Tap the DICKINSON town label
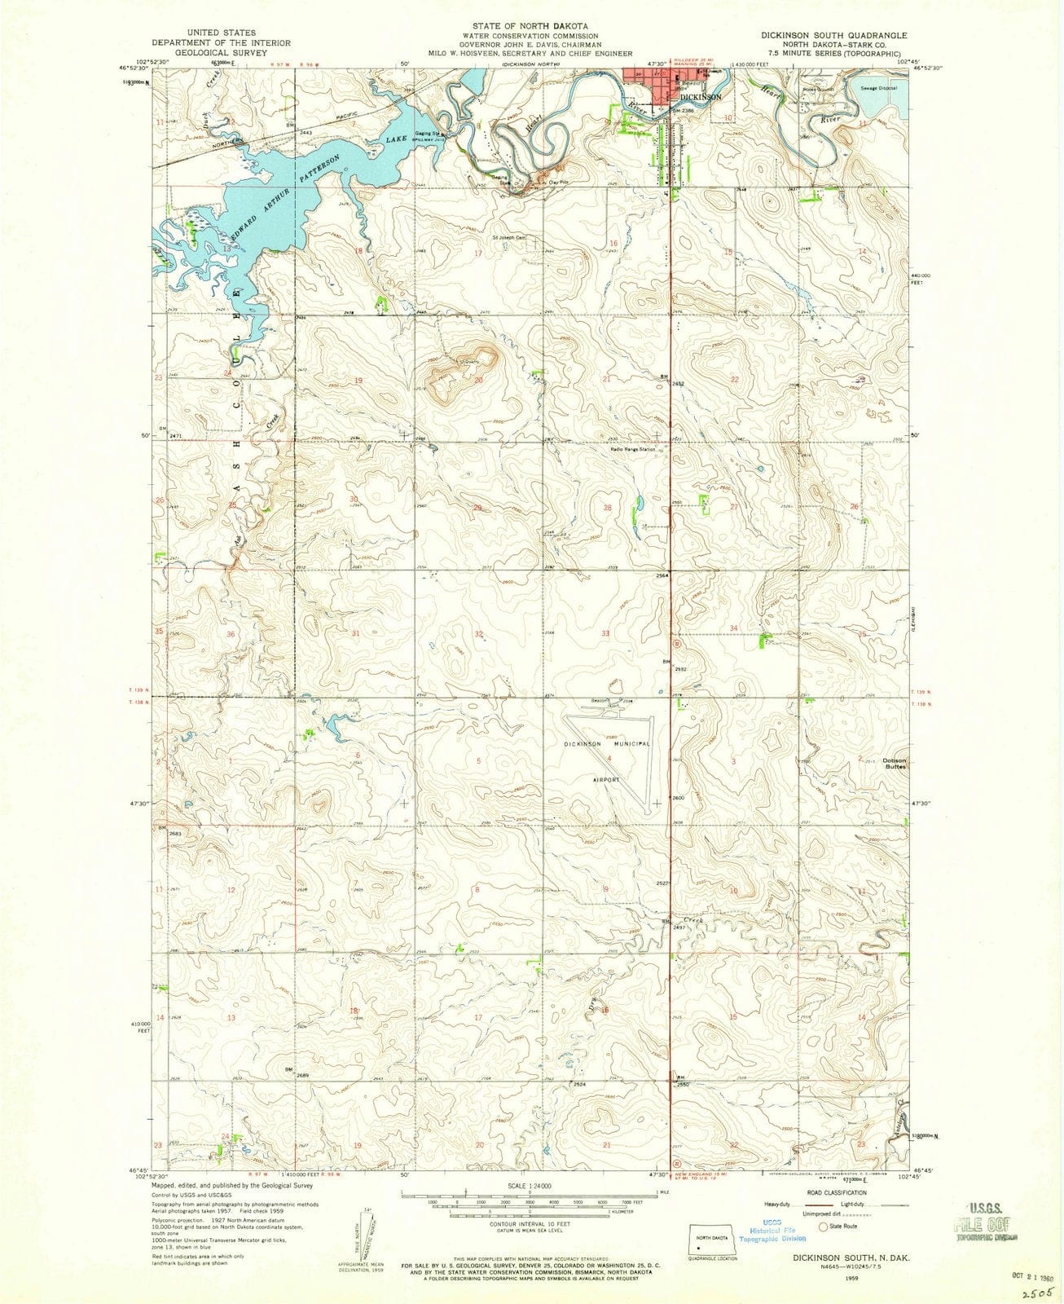coord(701,97)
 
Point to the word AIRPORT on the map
coord(606,779)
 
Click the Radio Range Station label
coord(634,449)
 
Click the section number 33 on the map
coord(605,633)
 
